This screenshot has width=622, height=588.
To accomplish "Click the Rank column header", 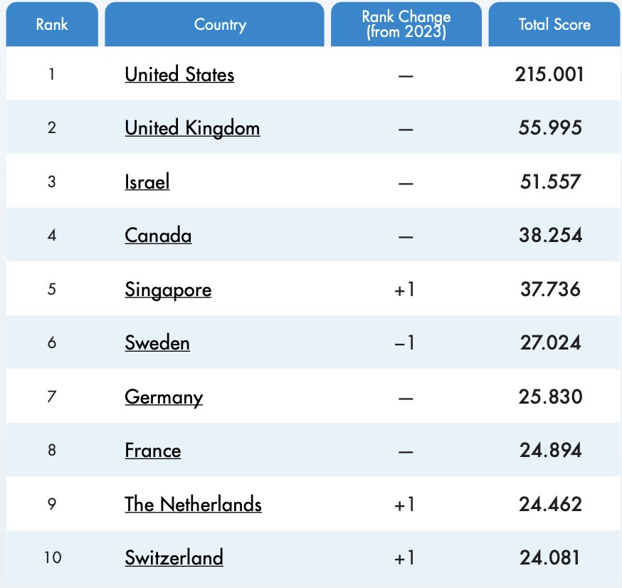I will tap(52, 24).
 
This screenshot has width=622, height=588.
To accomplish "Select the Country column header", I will tap(220, 24).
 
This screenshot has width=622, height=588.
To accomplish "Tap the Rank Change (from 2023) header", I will tap(406, 24).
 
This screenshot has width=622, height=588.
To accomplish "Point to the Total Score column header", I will tap(554, 24).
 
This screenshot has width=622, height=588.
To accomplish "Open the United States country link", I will tap(179, 74).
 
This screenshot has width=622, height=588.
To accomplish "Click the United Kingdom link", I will tap(192, 128).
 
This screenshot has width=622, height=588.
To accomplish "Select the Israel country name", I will tap(147, 182).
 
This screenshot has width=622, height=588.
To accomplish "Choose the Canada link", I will tap(158, 236).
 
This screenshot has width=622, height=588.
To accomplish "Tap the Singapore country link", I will tap(168, 290).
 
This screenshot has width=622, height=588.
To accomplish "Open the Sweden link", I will tap(157, 343).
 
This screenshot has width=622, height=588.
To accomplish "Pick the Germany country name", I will tap(164, 397).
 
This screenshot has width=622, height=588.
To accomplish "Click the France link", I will tap(153, 451).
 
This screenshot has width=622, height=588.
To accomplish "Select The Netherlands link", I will tap(193, 505).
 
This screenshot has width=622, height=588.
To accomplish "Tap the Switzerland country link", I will tap(174, 557).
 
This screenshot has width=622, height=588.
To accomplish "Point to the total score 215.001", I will tap(549, 74).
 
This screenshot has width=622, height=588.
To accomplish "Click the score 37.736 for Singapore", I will tap(550, 290).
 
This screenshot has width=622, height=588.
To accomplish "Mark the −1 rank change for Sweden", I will tap(404, 343).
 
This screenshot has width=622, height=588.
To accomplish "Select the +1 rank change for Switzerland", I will tap(404, 558).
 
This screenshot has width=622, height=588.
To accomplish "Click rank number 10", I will tap(52, 557).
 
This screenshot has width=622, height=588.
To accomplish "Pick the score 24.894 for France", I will tap(550, 451).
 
